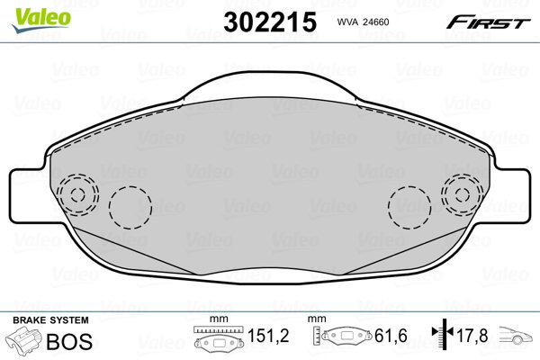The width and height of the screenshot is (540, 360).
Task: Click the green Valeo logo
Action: tap(41, 20)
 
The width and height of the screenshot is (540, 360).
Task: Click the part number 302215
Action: tap(270, 22)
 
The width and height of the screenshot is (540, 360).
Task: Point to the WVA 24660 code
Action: tap(363, 22)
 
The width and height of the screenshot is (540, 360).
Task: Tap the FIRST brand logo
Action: tap(489, 22)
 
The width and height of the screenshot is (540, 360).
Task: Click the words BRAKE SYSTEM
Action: tap(50, 320)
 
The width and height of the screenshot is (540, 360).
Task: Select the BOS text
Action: tap(69, 341)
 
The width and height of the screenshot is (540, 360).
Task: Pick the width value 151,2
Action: tap(268, 336)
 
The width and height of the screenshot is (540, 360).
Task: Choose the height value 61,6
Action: tap(391, 336)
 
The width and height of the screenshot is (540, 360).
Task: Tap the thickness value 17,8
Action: tap(472, 336)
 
